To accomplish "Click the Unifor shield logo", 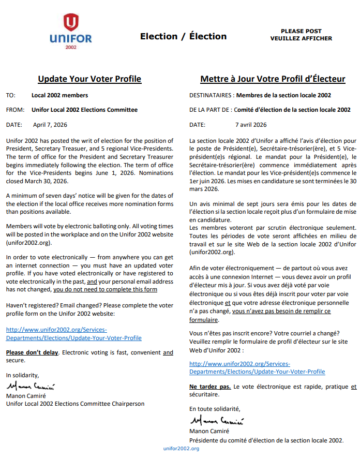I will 71,23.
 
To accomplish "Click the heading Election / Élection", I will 183,36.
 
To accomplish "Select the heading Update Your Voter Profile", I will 89,79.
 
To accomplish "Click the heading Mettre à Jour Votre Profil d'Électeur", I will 273,79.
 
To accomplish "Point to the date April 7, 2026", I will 50,125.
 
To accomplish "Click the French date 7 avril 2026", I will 251,125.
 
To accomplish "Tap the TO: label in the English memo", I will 10,95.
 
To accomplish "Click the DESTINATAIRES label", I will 211,95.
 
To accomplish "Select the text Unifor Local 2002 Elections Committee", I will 84,110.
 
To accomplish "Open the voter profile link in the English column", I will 73,334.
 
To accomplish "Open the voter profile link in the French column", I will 257,368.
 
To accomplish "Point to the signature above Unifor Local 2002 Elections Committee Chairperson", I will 32,387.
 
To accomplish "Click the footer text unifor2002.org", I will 181,448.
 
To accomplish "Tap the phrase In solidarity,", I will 22,375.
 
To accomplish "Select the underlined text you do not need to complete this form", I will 105,289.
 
